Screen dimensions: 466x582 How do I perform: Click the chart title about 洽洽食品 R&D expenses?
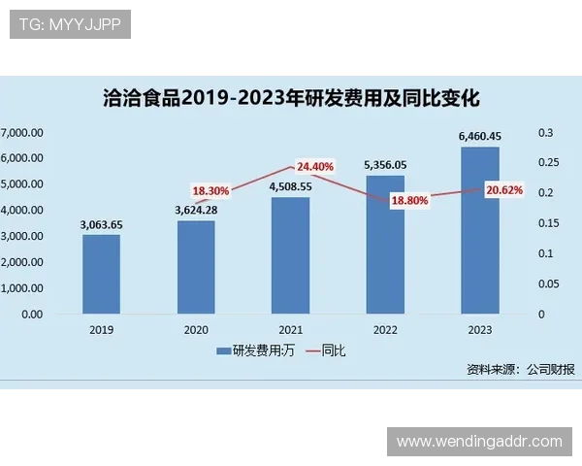coord(291,98)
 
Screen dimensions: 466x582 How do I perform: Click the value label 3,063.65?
coord(101,224)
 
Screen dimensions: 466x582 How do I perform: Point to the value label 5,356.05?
coord(385,165)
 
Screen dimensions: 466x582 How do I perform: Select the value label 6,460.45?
coord(480,137)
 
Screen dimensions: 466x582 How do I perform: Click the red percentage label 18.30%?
coord(210,191)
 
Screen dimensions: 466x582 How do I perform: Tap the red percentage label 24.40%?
coord(315,166)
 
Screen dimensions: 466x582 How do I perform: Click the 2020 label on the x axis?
coord(196,330)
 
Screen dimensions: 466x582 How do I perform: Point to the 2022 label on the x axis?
coord(385,330)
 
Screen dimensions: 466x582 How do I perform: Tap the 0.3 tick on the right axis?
coord(546,132)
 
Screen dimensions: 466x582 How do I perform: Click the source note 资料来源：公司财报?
coord(521,369)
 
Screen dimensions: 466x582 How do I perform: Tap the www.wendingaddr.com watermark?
coord(479,442)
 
